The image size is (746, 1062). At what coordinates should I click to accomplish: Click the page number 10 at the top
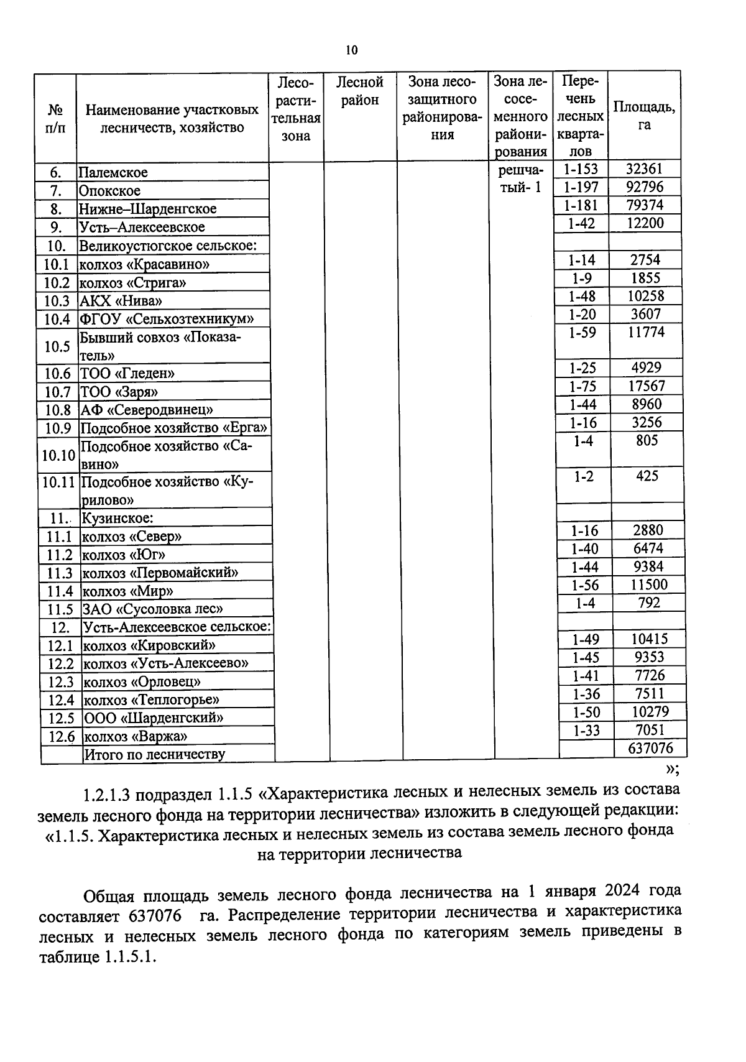pyautogui.click(x=352, y=50)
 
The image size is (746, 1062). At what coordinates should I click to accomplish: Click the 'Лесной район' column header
pyautogui.click(x=360, y=91)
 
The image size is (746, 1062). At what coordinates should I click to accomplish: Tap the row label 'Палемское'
pyautogui.click(x=113, y=173)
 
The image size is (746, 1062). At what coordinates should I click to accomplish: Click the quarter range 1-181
pyautogui.click(x=581, y=205)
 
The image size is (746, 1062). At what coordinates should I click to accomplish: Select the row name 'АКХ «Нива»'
pyautogui.click(x=121, y=301)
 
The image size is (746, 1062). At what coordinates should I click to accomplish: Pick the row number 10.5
pyautogui.click(x=57, y=346)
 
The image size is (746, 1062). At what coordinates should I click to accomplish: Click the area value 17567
pyautogui.click(x=647, y=386)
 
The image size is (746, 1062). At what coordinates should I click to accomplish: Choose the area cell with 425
pyautogui.click(x=647, y=476)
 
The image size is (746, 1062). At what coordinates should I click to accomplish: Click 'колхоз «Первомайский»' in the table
pyautogui.click(x=160, y=573)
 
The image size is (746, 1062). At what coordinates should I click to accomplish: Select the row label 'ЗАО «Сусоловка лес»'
pyautogui.click(x=152, y=609)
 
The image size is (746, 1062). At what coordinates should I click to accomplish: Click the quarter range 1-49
pyautogui.click(x=585, y=639)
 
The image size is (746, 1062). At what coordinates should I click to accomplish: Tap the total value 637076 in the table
pyautogui.click(x=650, y=748)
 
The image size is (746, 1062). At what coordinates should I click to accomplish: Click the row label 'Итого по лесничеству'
pyautogui.click(x=155, y=755)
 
